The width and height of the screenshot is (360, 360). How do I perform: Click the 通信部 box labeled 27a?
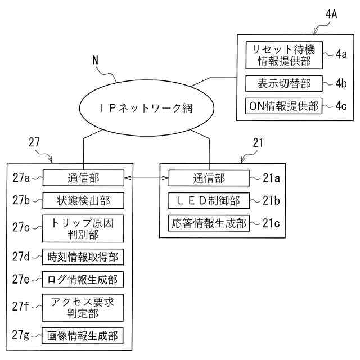(x=83, y=178)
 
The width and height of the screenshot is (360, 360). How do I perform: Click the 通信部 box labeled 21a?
(x=209, y=178)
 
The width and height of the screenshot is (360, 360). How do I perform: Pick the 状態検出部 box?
(x=83, y=200)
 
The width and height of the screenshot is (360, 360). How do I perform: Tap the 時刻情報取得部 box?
(x=83, y=257)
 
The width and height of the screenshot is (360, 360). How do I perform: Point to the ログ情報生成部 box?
(x=83, y=279)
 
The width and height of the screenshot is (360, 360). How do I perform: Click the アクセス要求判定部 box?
(x=83, y=308)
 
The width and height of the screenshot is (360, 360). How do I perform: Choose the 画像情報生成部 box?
(x=83, y=336)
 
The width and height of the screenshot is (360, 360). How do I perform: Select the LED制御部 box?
(x=209, y=200)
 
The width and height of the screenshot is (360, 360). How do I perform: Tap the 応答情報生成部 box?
(x=209, y=223)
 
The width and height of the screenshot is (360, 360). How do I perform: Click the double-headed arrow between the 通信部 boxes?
(x=146, y=178)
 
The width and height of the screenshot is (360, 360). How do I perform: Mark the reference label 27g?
(x=21, y=336)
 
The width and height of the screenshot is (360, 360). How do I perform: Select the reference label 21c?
(x=271, y=223)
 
